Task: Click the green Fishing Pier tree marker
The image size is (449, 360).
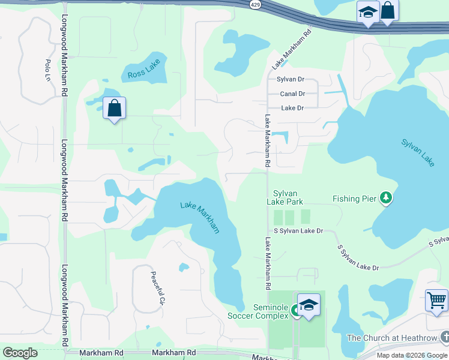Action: [x=387, y=198]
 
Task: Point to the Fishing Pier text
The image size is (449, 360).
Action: [x=354, y=199]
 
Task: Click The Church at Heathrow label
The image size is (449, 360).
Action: [x=390, y=338]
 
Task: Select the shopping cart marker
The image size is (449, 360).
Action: [x=436, y=299]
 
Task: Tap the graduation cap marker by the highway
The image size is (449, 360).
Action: [x=367, y=12]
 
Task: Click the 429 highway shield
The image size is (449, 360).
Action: [x=255, y=4]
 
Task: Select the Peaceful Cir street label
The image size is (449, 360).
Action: [x=157, y=287]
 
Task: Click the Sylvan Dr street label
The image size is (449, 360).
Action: [x=291, y=79]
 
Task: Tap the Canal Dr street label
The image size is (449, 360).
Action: [x=292, y=94]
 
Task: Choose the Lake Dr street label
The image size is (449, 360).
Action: [x=292, y=108]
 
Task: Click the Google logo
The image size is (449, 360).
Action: [x=20, y=353]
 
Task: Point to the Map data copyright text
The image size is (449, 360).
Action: [x=411, y=355]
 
